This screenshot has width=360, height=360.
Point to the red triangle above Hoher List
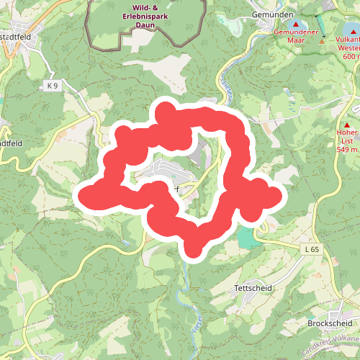point(347,125)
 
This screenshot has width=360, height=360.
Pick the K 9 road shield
point(51,86)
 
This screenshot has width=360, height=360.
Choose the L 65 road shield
point(312,249)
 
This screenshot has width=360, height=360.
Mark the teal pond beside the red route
point(247,238)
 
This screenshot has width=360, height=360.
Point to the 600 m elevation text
point(351,56)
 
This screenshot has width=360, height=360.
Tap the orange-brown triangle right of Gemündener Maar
point(322,40)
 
